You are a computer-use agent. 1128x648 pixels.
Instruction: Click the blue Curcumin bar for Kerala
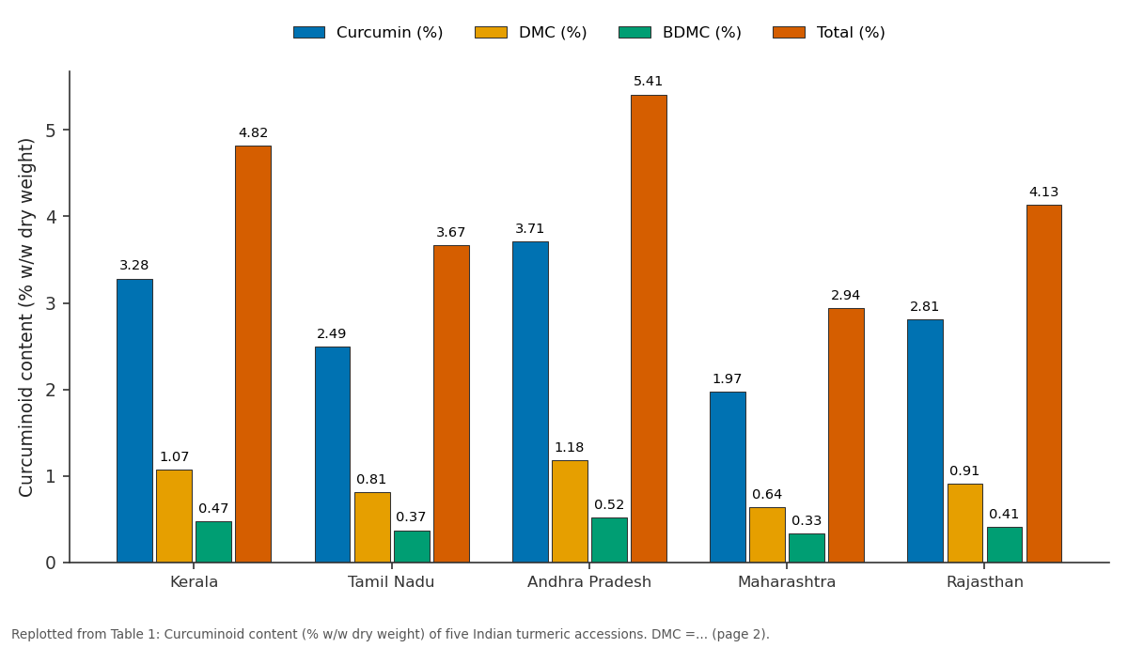[135, 421]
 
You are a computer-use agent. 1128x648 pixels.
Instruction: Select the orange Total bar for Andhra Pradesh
[650, 329]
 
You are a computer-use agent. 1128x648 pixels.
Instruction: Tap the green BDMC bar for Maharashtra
[807, 548]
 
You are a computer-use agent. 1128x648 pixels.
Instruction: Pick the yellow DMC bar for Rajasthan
[965, 523]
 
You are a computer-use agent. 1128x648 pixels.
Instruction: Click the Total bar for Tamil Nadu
[452, 404]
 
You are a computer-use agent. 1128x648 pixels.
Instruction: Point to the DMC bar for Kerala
[174, 517]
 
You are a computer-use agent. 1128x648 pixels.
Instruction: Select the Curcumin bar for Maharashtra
[728, 477]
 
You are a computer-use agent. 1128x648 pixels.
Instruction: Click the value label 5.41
[648, 81]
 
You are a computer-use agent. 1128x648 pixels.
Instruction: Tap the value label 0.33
[807, 520]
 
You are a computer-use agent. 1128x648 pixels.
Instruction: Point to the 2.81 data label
[924, 306]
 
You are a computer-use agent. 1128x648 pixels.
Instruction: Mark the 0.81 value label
[371, 479]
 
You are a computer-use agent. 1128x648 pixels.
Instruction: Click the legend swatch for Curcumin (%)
[309, 32]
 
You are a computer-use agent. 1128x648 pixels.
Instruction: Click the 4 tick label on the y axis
[51, 217]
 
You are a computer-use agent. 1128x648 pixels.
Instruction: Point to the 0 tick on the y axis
[51, 563]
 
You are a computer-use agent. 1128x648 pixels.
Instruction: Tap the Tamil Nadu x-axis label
[391, 582]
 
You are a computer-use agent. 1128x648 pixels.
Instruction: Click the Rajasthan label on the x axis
[985, 582]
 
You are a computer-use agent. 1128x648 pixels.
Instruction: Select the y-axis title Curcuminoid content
[25, 317]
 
